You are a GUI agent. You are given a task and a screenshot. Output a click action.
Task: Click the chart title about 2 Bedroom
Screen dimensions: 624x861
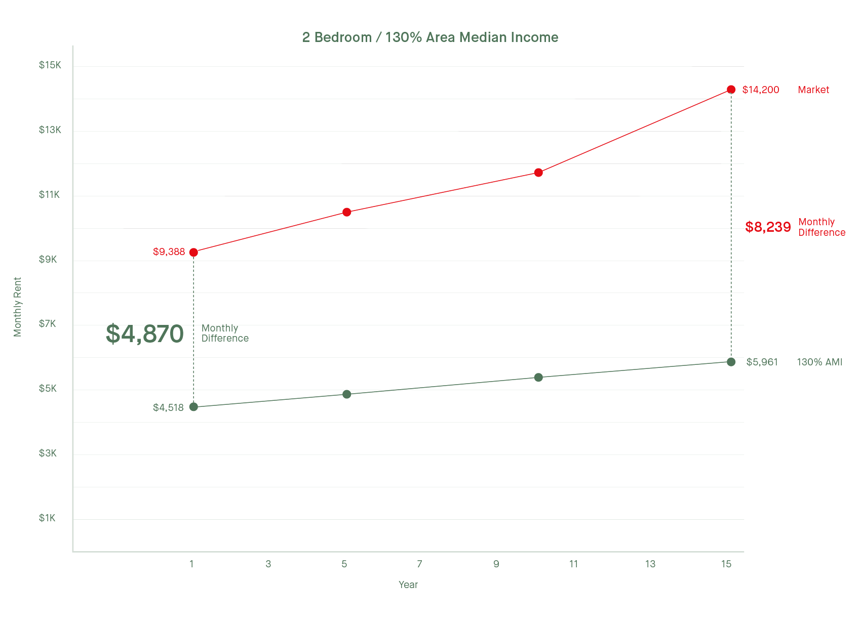430,37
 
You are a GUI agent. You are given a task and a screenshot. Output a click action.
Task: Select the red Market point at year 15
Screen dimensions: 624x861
731,90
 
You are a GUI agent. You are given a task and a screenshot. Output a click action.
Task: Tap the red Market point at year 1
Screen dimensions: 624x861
193,252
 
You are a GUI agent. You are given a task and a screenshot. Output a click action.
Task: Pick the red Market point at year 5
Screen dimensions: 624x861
346,212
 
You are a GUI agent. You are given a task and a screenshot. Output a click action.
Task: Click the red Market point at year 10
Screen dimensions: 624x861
538,173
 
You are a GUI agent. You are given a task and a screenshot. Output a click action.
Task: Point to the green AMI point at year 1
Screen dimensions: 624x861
193,407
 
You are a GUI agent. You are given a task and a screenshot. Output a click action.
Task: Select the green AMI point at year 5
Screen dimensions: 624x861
346,394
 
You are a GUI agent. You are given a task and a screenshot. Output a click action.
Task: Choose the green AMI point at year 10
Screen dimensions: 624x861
538,378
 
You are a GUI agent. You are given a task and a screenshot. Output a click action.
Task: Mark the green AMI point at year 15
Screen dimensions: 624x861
731,362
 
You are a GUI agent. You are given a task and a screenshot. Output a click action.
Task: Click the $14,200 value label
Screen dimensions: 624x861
761,90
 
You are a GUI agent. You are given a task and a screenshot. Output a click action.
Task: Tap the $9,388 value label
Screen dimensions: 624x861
169,252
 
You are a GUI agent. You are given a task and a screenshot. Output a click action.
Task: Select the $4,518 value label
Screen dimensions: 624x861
168,408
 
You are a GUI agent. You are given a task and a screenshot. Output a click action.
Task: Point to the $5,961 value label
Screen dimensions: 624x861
762,362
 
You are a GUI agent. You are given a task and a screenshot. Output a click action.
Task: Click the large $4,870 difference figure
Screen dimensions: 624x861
144,334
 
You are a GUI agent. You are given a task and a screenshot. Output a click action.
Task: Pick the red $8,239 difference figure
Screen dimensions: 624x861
768,227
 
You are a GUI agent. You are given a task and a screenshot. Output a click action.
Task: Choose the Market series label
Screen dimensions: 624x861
813,90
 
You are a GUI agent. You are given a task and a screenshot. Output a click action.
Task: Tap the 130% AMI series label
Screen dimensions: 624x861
819,362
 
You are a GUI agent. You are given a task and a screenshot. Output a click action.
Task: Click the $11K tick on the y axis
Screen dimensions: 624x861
49,195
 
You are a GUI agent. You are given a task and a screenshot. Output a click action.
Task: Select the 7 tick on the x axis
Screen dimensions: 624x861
419,564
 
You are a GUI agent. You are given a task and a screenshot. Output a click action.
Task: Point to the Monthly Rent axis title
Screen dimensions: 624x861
18,307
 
